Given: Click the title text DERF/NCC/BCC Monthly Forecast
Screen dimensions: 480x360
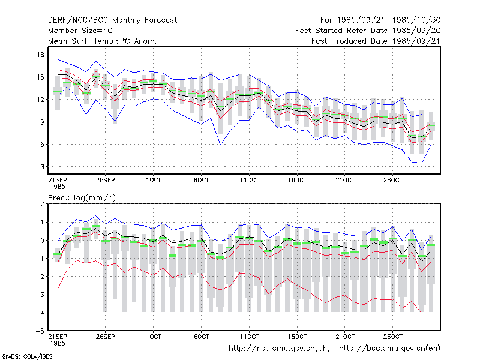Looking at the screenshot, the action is coord(112,20).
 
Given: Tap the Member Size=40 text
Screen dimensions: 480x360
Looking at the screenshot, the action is coord(80,31).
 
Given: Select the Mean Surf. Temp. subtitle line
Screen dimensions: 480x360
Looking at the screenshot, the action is coord(103,41).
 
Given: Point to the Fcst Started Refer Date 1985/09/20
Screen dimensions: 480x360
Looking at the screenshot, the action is coord(368,31).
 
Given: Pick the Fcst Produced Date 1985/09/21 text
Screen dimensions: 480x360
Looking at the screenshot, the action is coord(376,41).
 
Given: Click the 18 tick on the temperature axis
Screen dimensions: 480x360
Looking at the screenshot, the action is coord(40,55).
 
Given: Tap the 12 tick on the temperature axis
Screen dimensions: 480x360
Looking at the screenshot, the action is coord(40,100).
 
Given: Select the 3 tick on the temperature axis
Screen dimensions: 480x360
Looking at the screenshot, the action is coord(42,167).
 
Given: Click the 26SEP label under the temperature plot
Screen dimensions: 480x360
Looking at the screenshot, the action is coord(106,180).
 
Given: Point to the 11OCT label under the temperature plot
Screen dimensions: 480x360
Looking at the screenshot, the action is coord(249,180).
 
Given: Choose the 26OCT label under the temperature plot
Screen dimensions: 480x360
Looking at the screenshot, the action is coord(393,180).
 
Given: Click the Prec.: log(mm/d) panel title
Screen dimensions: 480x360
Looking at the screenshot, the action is coord(82,198).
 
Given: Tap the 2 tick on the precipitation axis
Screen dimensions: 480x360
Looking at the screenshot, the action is coord(42,204).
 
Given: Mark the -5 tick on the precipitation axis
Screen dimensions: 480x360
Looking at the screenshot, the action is coord(40,331).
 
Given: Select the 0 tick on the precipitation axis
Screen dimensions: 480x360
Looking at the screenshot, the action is coord(42,241).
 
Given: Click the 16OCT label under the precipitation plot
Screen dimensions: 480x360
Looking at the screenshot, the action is coord(297,337).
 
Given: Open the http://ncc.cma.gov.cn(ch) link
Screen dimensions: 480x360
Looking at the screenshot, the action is coord(280,349).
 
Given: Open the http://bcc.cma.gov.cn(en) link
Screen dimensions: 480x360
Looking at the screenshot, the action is coord(389,349).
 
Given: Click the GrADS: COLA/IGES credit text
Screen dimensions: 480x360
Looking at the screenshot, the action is coord(27,356).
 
